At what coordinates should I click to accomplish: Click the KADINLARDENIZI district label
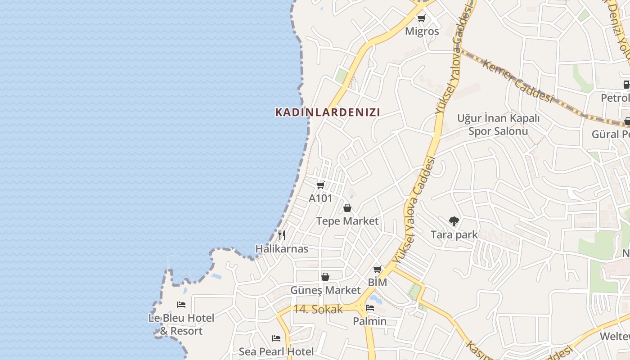tap(328, 112)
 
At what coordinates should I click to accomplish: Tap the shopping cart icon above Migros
tap(421, 18)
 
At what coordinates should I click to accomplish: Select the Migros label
tap(422, 31)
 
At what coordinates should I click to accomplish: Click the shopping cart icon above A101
tap(321, 185)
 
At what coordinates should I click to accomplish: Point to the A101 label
tap(320, 198)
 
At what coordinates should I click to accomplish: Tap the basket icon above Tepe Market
tap(347, 208)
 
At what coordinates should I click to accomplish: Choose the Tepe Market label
tap(347, 221)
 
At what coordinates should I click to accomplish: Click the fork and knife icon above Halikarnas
tap(282, 235)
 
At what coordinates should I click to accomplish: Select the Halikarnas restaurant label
tap(282, 249)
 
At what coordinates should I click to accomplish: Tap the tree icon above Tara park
tap(454, 221)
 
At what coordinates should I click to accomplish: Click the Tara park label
tap(454, 235)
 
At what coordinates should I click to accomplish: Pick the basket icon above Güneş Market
tap(325, 277)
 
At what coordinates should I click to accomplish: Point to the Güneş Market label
tap(325, 290)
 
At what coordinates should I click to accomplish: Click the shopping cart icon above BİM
tap(377, 269)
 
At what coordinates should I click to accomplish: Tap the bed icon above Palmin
tap(369, 308)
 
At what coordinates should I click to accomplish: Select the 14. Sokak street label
tap(318, 310)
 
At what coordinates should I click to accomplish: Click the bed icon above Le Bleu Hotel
tap(181, 305)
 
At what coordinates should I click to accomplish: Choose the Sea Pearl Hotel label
tap(276, 351)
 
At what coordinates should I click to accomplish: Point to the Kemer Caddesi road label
tap(517, 81)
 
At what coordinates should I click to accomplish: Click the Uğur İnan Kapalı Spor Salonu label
tap(498, 125)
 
